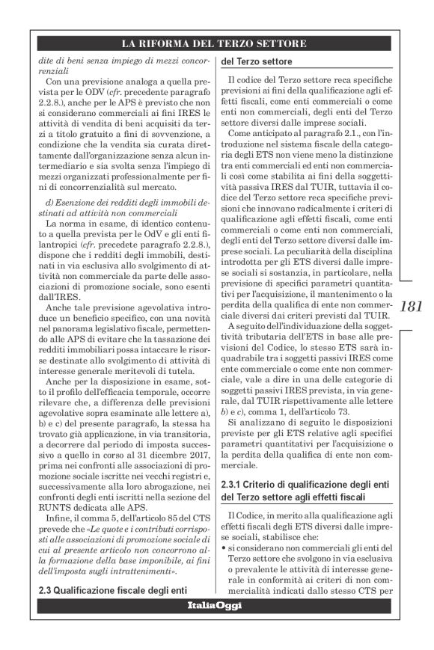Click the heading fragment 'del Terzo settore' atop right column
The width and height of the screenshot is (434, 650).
click(x=257, y=61)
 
